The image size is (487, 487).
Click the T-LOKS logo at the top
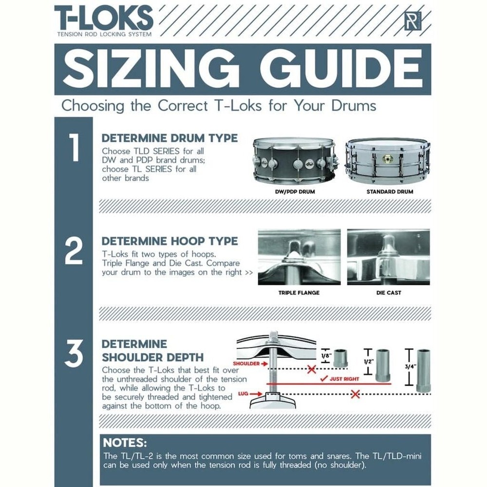tap(104, 19)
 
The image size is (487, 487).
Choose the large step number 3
tap(73, 355)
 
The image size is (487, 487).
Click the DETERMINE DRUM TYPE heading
tap(169, 138)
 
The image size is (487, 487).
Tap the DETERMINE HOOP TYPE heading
tap(169, 241)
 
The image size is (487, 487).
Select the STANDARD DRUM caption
tap(390, 192)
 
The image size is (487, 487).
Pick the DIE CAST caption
tap(389, 293)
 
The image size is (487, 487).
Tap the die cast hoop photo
tap(388, 257)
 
